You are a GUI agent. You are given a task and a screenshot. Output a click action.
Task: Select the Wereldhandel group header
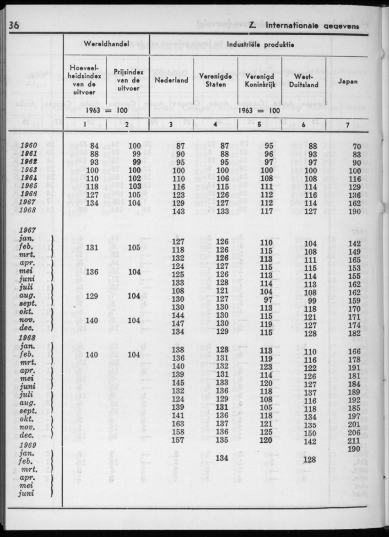(106, 44)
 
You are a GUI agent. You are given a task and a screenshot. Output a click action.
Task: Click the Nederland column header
(172, 81)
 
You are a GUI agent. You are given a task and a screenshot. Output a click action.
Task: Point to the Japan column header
(347, 81)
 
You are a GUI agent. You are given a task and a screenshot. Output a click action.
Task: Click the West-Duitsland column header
(304, 81)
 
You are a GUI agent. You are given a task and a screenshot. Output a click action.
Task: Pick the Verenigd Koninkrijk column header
(260, 81)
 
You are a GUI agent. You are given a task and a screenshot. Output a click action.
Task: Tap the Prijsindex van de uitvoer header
(128, 80)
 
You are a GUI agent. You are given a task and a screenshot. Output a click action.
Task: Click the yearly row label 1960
(29, 146)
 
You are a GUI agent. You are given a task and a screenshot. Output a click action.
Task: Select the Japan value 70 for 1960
(357, 146)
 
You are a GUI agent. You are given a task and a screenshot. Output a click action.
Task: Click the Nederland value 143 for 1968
(178, 212)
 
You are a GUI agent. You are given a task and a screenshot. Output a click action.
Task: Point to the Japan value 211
(354, 441)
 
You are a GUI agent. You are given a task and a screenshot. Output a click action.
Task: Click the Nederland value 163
(178, 424)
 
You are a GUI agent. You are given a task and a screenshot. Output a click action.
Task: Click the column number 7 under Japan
(347, 124)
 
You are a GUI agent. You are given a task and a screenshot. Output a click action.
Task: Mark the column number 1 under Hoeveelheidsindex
(85, 124)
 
